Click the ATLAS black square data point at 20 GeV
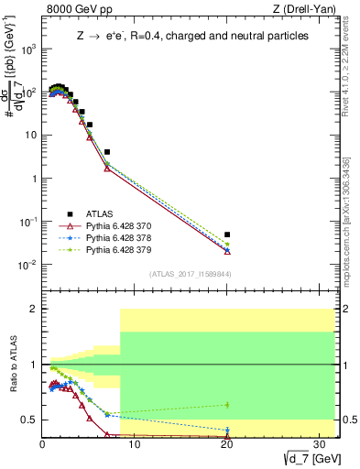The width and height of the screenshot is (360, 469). point(227,234)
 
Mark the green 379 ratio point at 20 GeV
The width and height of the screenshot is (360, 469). point(227,404)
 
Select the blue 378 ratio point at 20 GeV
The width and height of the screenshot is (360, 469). point(227,430)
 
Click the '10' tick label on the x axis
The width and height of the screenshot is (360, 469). point(134,445)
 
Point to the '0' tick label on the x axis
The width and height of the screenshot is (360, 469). point(43,445)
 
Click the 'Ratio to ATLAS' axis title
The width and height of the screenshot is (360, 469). point(14,365)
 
